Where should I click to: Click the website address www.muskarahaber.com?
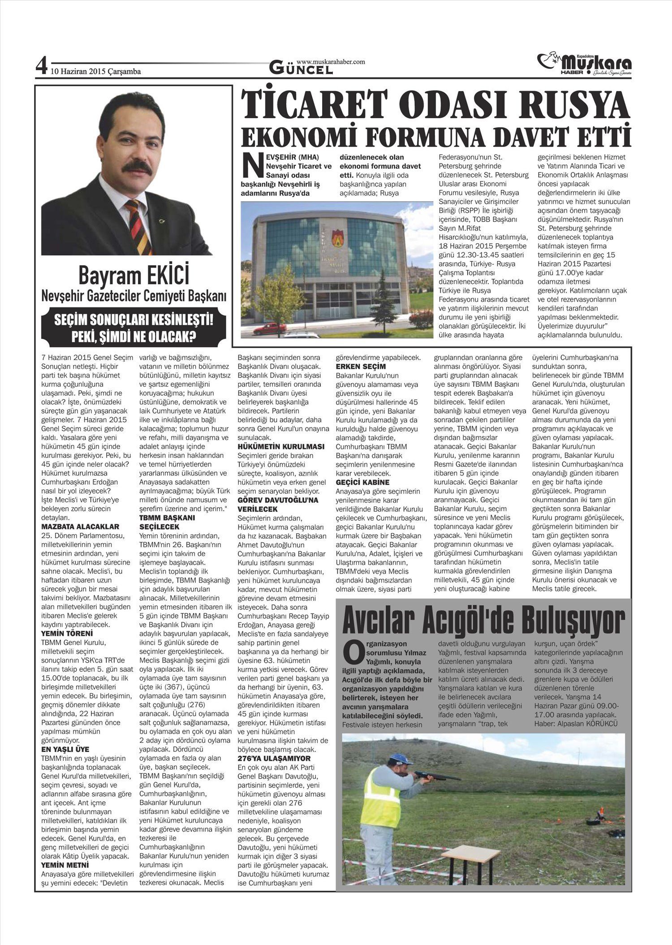(331, 61)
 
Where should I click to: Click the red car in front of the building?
(270, 329)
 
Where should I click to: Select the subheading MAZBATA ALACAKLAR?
(80, 526)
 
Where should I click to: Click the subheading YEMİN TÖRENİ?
(67, 634)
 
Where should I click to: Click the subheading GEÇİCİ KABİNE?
(362, 482)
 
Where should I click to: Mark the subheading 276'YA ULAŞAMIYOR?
(274, 758)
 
